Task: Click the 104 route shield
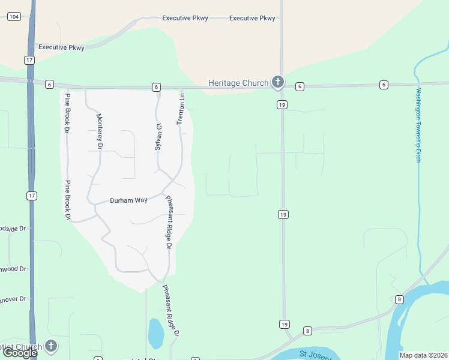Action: pyautogui.click(x=14, y=17)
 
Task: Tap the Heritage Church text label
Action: pyautogui.click(x=238, y=82)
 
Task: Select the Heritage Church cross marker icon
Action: pyautogui.click(x=277, y=82)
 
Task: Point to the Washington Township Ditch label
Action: pyautogui.click(x=419, y=125)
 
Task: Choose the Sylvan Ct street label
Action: pyautogui.click(x=158, y=137)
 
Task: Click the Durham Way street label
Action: pyautogui.click(x=128, y=201)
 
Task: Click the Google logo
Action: pyautogui.click(x=19, y=353)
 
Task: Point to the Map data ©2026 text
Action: pyautogui.click(x=423, y=355)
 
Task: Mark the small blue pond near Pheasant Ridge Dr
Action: pyautogui.click(x=155, y=334)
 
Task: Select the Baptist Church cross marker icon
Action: pyautogui.click(x=51, y=346)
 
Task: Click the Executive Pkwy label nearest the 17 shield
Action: pyautogui.click(x=61, y=47)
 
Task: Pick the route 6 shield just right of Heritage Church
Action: pyautogui.click(x=300, y=86)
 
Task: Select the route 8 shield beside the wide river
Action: pyautogui.click(x=399, y=299)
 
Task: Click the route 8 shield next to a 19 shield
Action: pyautogui.click(x=307, y=331)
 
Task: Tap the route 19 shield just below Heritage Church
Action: pyautogui.click(x=282, y=104)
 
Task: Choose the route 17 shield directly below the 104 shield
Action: pyautogui.click(x=29, y=60)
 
